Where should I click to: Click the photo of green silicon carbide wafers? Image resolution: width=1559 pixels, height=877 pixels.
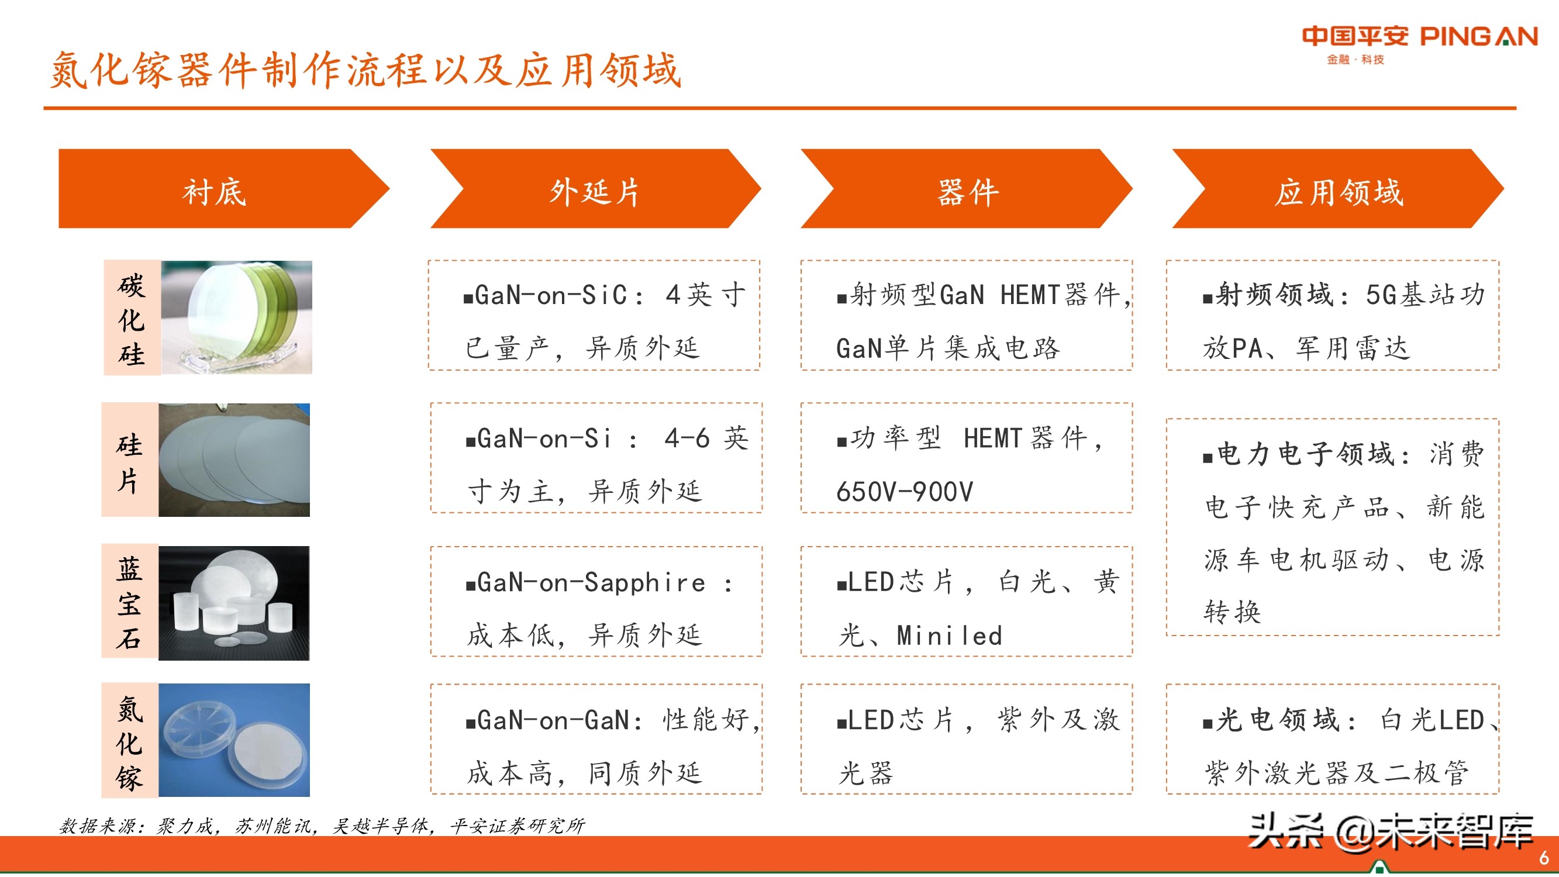pyautogui.click(x=237, y=317)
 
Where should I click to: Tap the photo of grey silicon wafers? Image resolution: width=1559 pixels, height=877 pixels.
pyautogui.click(x=234, y=460)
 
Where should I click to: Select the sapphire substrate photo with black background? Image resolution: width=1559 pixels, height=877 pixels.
pyautogui.click(x=234, y=603)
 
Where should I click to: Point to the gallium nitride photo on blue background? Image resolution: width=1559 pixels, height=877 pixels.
pyautogui.click(x=234, y=740)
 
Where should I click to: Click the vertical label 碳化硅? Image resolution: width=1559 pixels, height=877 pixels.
pyautogui.click(x=132, y=319)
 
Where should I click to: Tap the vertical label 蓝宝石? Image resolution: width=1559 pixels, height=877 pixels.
pyautogui.click(x=129, y=603)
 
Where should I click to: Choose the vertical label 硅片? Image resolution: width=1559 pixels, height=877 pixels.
pyautogui.click(x=129, y=462)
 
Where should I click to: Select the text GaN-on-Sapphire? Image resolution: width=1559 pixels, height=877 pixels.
pyautogui.click(x=591, y=583)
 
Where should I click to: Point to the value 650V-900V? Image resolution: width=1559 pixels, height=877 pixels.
pyautogui.click(x=905, y=492)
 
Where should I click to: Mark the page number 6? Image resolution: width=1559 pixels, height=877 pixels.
pyautogui.click(x=1543, y=858)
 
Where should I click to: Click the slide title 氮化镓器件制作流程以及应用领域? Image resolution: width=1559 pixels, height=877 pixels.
pyautogui.click(x=365, y=70)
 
